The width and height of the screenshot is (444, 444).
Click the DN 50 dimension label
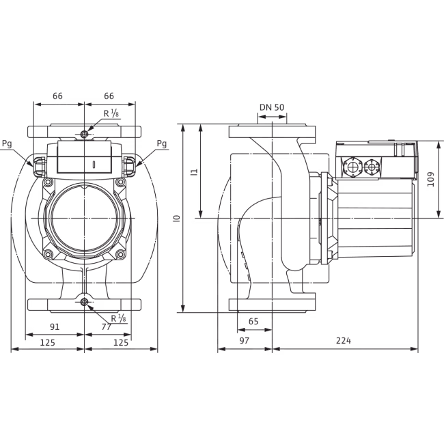click(x=272, y=107)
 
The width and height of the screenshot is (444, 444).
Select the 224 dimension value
click(x=343, y=340)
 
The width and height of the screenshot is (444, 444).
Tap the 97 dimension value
click(x=244, y=340)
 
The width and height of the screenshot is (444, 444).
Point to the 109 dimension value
click(x=431, y=179)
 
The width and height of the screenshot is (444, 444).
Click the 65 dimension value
click(x=253, y=322)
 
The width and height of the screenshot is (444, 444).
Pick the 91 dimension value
click(x=55, y=327)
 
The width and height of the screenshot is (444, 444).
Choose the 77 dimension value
click(x=106, y=327)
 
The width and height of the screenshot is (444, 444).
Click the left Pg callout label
click(x=7, y=143)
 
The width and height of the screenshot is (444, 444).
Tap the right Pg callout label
click(x=162, y=143)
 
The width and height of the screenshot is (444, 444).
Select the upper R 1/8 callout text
click(x=111, y=113)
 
